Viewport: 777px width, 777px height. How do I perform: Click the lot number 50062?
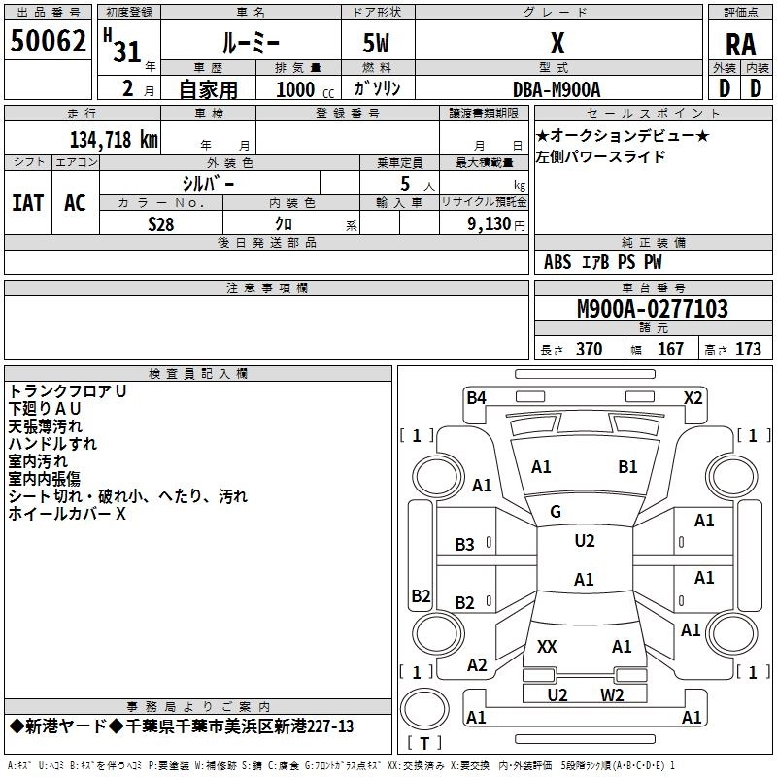coord(48,43)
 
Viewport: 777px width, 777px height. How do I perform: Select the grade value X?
coord(557,44)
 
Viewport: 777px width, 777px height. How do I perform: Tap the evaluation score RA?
coord(741,46)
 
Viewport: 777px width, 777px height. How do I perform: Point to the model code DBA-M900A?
coord(557,89)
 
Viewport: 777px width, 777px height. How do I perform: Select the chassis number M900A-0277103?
coord(653,310)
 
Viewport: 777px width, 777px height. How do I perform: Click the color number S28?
coord(161,223)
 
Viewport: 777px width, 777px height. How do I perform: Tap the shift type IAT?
coord(28,203)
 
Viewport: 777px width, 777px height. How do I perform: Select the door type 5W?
coord(379,44)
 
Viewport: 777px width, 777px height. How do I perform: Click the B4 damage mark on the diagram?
coord(476,397)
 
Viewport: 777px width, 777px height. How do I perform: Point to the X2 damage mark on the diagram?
coord(693,397)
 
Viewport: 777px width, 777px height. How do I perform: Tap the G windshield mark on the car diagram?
coord(556,512)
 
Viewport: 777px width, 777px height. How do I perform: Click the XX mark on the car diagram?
coord(547,646)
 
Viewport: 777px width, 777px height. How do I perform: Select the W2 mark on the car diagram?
coord(612,694)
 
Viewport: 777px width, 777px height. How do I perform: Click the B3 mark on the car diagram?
coord(465,545)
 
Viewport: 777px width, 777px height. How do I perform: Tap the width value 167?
coord(670,350)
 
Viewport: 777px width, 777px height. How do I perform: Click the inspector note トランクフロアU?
coord(68,390)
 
